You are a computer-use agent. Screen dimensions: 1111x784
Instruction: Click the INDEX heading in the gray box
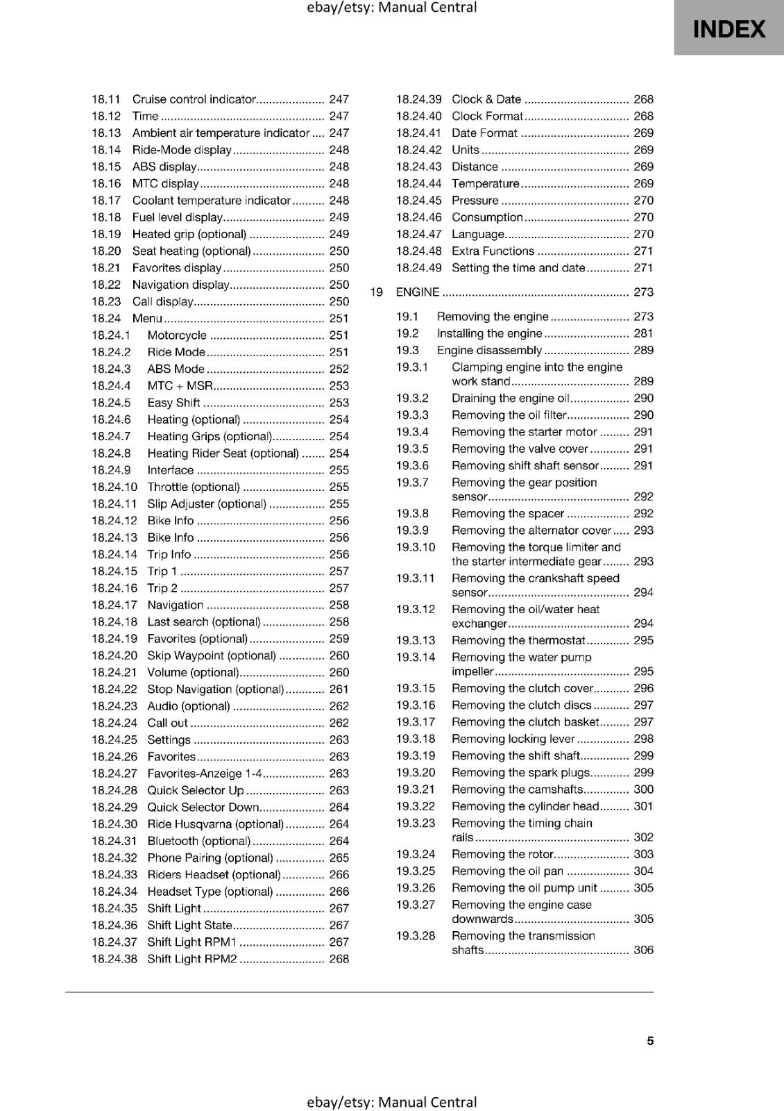[728, 29]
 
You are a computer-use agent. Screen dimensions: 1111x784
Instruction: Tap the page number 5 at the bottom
[650, 1040]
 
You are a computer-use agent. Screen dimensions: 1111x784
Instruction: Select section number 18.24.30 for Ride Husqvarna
[114, 824]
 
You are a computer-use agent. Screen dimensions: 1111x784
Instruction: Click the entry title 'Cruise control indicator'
[194, 99]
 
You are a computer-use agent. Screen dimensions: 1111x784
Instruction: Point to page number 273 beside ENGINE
[643, 292]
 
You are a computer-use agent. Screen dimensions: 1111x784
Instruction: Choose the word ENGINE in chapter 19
[417, 292]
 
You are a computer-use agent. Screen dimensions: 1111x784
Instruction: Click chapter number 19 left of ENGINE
[376, 292]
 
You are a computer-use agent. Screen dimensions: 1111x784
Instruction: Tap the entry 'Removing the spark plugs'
[520, 773]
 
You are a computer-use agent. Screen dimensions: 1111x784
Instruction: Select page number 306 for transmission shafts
[643, 950]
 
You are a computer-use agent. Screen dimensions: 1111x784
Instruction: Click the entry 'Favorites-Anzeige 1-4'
[205, 774]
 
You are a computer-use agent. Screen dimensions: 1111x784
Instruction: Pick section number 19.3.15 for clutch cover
[416, 688]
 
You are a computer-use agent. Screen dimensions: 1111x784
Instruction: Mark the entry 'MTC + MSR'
[180, 386]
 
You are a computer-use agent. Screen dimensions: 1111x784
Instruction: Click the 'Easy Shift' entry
[173, 403]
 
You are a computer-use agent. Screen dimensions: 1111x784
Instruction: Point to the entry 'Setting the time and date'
[518, 268]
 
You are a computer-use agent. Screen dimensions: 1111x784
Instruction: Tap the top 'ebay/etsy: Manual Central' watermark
[391, 8]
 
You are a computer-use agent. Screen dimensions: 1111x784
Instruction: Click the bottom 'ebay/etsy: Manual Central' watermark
[391, 1102]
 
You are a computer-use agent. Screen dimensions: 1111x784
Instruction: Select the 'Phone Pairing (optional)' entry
[210, 858]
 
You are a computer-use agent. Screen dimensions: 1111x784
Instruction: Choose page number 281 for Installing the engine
[643, 333]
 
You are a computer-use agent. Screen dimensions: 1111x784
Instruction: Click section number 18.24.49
[418, 268]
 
